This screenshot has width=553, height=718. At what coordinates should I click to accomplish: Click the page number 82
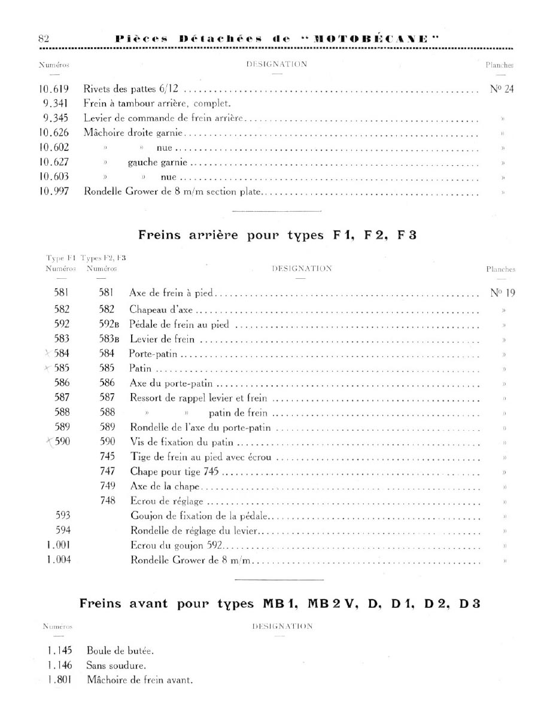tap(43, 38)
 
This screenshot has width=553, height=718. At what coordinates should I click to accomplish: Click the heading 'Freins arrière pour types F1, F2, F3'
tap(277, 235)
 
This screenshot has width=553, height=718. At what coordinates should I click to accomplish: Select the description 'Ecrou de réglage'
tap(166, 500)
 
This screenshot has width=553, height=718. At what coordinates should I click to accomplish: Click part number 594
tap(63, 530)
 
